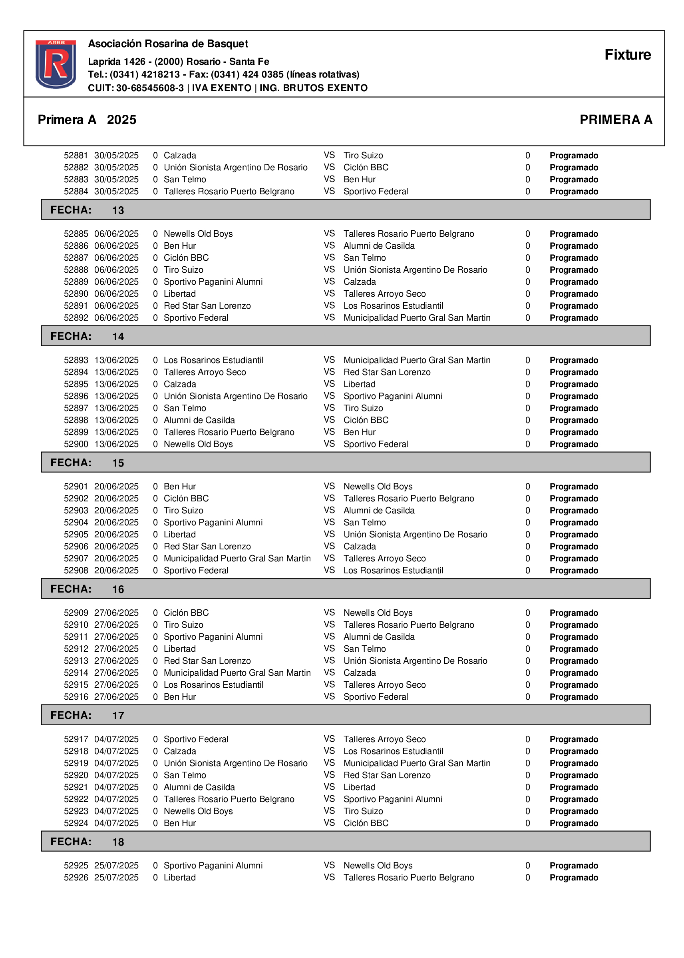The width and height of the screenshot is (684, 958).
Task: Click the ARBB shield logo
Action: pos(56,64)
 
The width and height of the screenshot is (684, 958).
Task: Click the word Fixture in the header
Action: pos(627,55)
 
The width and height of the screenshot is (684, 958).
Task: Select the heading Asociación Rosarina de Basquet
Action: pos(168,44)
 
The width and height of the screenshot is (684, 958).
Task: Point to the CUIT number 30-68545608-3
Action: pos(150,88)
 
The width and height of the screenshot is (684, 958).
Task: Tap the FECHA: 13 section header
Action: pos(345,210)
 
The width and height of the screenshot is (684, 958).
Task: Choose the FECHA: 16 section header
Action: pos(345,589)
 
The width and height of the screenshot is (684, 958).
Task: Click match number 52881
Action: pos(76,156)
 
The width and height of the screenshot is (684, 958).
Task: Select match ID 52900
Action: pos(76,444)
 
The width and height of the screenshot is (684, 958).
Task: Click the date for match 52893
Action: pos(116,360)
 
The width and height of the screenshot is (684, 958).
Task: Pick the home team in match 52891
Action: pos(207,306)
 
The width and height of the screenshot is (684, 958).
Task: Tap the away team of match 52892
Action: pos(417,318)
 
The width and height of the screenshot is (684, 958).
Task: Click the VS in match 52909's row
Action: pos(329,613)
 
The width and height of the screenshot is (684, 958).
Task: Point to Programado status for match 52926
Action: pos(573,878)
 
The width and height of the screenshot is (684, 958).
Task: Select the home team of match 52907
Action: pos(237,559)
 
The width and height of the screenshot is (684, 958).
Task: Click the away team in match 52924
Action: pos(366,823)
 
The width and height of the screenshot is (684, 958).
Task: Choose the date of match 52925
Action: pos(116,866)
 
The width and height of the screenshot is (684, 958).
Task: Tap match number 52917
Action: pos(76,739)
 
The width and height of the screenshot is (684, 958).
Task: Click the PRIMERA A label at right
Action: pos(615,120)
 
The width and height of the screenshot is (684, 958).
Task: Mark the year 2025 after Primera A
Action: pos(121,120)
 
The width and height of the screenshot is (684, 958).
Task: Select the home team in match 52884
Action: pos(229,192)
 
